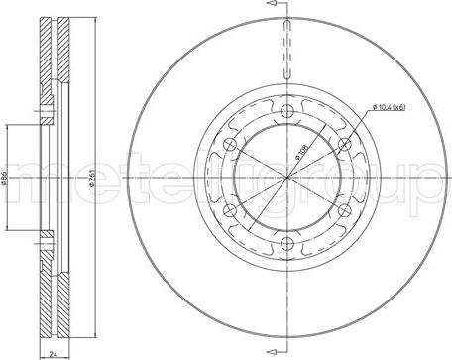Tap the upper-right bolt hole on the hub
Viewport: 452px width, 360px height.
click(x=344, y=144)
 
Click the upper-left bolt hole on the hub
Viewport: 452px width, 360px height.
click(x=229, y=144)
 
